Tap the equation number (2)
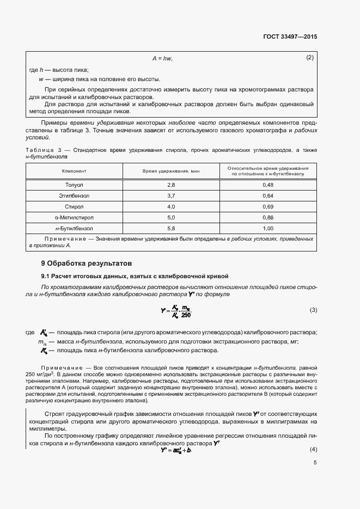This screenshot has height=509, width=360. coord(310,58)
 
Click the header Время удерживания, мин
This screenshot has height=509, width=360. coord(171,171)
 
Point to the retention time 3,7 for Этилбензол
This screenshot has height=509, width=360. coord(171,195)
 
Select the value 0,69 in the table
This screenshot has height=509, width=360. coord(268,207)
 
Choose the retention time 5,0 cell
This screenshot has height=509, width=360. coord(171,218)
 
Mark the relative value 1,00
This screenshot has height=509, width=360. coord(268,229)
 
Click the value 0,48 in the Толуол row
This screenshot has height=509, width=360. coord(268,185)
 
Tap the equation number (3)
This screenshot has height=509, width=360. coord(313,310)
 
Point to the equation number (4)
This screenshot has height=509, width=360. coord(313,450)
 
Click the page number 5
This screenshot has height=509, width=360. coord(315,463)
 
